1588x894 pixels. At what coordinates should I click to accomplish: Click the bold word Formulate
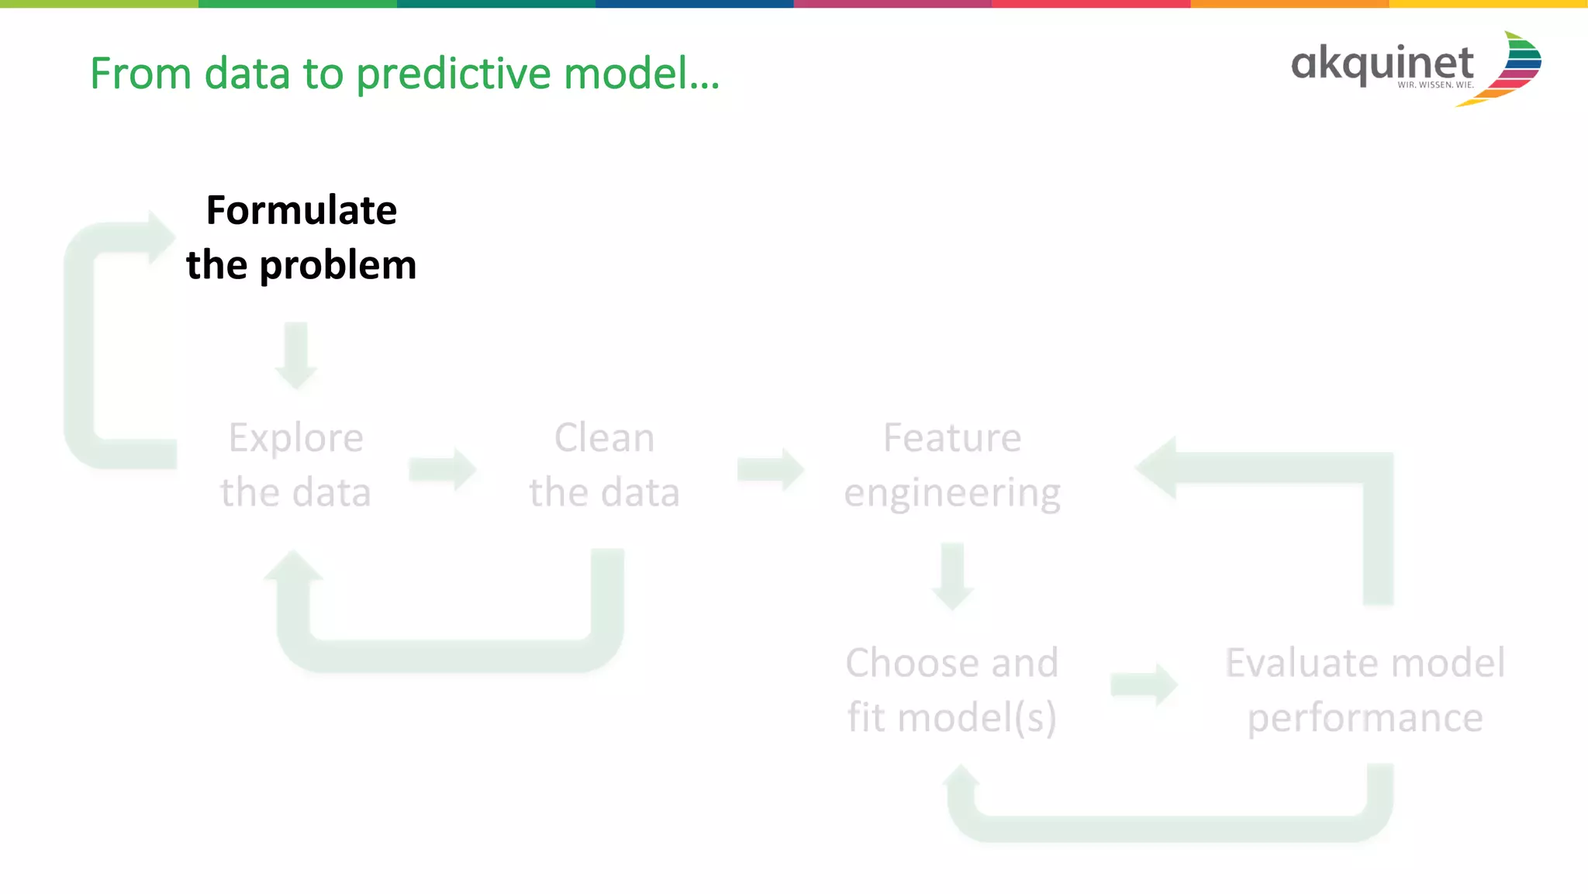(301, 211)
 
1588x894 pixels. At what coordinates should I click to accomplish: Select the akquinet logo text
(1382, 63)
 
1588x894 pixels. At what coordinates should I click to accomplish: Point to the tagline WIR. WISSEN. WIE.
(1435, 85)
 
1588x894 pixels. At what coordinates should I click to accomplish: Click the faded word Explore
(295, 439)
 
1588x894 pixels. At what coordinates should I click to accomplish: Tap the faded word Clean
(604, 438)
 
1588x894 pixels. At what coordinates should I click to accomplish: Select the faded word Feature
(952, 438)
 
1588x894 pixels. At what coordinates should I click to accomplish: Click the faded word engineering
(952, 493)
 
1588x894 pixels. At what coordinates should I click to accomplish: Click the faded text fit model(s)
(951, 717)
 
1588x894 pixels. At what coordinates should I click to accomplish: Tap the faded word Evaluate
(1299, 664)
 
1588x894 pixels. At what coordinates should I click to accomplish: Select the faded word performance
(1365, 718)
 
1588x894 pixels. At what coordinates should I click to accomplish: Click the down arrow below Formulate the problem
(296, 356)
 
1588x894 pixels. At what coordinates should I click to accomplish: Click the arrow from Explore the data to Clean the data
(443, 469)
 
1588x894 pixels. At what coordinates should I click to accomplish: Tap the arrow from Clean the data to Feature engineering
(771, 469)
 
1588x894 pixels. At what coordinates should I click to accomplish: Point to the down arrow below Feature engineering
(952, 577)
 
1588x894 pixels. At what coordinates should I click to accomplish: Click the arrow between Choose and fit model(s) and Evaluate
(1144, 685)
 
